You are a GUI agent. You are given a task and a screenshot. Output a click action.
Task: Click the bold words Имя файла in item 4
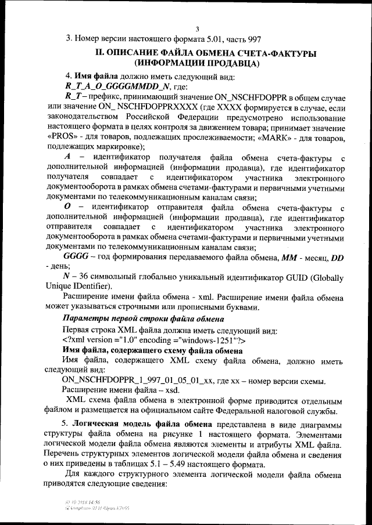(x=96, y=76)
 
